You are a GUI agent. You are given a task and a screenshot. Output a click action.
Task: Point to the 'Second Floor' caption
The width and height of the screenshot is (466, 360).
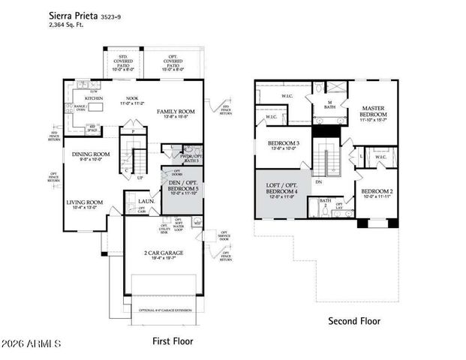[354, 321]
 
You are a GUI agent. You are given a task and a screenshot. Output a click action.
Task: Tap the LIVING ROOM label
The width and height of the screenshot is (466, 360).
[85, 202]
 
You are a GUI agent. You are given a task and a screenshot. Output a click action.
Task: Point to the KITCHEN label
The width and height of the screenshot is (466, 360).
[93, 98]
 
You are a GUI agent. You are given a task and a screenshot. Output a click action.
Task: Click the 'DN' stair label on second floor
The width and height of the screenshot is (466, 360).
[318, 181]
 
